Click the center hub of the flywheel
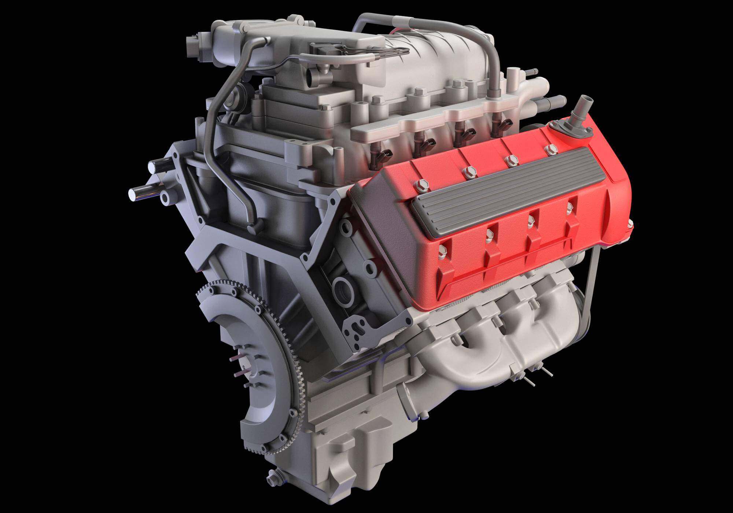(244, 370)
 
